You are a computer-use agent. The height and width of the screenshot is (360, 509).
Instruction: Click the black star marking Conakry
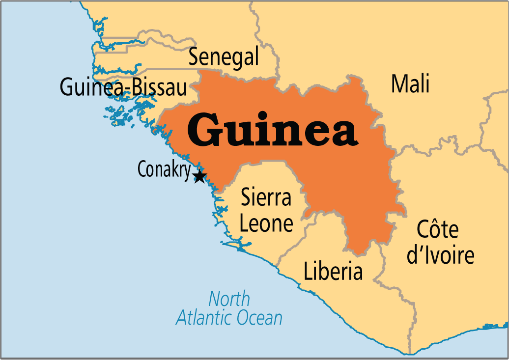199,176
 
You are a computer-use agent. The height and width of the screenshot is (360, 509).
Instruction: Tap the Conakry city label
164,169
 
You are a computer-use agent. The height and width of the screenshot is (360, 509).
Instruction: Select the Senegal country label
224,57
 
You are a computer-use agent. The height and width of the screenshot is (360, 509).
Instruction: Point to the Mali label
410,83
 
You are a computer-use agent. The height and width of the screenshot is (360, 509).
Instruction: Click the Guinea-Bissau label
123,88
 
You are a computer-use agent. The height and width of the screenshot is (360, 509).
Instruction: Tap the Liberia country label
333,272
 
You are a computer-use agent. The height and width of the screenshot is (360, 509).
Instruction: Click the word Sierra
266,198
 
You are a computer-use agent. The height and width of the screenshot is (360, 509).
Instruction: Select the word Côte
437,229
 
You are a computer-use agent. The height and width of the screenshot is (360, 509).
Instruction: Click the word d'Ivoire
440,255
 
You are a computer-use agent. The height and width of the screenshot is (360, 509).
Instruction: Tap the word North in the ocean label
229,299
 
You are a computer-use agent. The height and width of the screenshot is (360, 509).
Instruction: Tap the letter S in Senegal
194,57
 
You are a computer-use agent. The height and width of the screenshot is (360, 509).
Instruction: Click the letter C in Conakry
142,169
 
